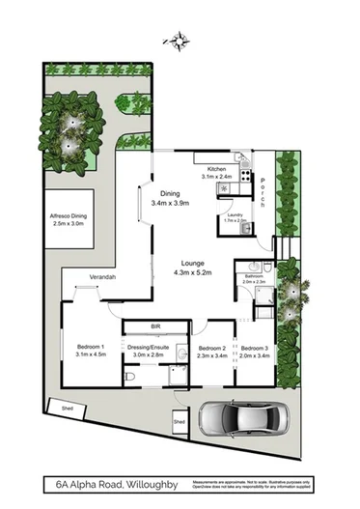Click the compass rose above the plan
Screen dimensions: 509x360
click(177, 40)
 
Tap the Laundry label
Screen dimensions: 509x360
click(236, 214)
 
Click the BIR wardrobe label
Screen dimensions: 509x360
click(154, 326)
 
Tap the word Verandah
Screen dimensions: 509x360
click(102, 278)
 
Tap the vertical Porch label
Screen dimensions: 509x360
click(263, 191)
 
